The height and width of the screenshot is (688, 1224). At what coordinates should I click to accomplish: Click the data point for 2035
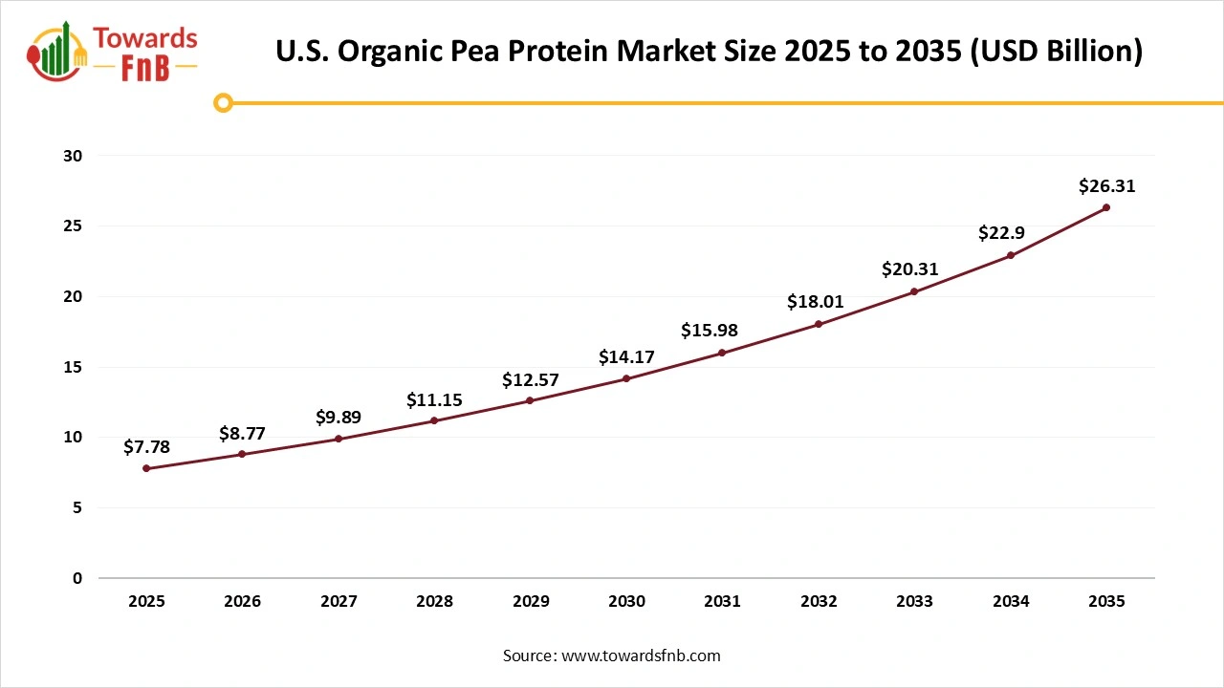[1106, 207]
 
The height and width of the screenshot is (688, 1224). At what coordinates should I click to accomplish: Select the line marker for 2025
[146, 468]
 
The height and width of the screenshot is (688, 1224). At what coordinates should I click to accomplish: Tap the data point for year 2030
[626, 378]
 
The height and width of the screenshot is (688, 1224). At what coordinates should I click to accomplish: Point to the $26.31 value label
[1106, 186]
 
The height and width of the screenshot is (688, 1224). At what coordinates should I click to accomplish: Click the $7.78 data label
[146, 447]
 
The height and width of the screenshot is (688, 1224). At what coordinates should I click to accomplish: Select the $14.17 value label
[626, 357]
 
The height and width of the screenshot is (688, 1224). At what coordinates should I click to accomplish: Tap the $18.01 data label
[816, 302]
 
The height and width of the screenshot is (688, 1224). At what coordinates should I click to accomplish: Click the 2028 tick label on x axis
[434, 602]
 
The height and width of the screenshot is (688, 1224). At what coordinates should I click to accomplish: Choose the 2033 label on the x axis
[914, 602]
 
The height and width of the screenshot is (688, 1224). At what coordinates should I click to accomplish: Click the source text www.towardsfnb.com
[640, 656]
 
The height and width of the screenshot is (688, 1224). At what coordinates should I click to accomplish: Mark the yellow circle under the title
[223, 102]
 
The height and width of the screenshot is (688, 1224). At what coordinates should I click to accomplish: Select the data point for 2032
[819, 324]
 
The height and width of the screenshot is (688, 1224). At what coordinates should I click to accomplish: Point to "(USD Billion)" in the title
[1056, 52]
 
